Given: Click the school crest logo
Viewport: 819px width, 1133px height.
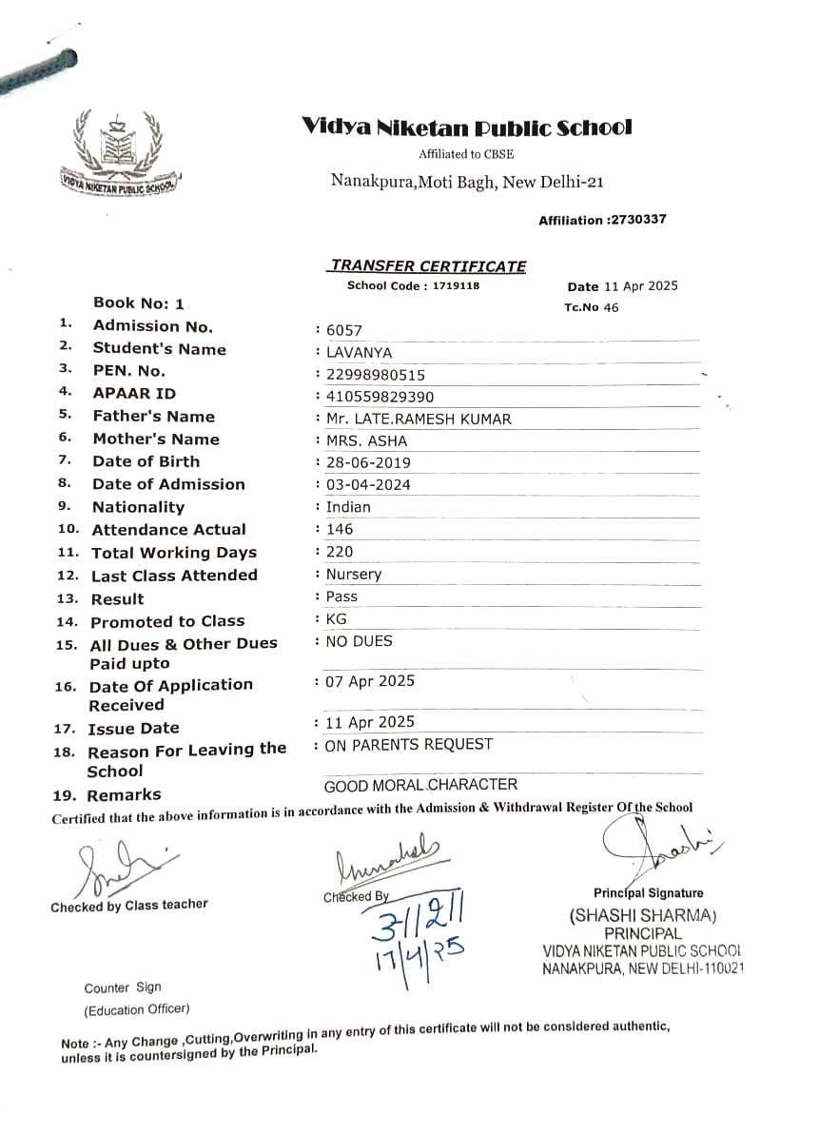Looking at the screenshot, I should coord(118,152).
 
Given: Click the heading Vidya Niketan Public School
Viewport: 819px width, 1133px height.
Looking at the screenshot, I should coord(466,127).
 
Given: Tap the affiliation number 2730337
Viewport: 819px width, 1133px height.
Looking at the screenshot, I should coord(636,220).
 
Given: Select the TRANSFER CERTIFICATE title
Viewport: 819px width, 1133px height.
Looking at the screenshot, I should coord(427,266).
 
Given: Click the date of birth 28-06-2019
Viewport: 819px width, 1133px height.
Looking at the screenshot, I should coord(368,463).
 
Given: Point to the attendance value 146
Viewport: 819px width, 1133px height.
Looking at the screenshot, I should coord(339,529).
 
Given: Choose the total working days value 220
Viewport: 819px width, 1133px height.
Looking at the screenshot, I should coord(339,552).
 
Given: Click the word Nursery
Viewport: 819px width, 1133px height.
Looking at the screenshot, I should coord(353,575).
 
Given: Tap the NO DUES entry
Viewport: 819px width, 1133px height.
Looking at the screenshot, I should coord(359,641).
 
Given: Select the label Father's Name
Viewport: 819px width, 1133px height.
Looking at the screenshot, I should coord(153,417).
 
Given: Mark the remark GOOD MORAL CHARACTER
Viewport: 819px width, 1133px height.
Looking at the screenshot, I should coord(420,785).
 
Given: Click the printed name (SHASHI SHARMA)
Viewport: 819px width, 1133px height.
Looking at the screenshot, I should coord(642,916).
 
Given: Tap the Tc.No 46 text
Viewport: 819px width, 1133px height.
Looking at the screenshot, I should coord(591,307).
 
